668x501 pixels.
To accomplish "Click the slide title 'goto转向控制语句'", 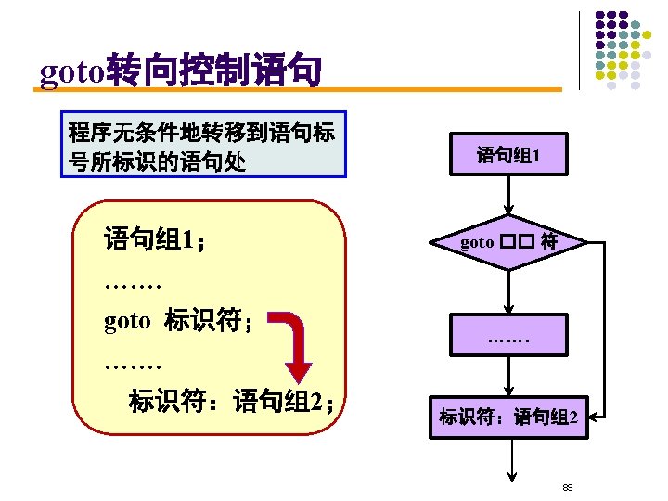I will pos(181,71).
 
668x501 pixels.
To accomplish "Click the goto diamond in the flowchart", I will pos(508,243).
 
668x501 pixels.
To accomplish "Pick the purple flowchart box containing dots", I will pos(508,334).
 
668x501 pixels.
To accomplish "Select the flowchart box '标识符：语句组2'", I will pos(508,417).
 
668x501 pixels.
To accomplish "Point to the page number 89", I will pos(568,487).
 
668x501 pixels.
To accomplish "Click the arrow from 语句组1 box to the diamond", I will pos(508,197).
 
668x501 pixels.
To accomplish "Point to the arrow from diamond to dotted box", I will pos(508,291).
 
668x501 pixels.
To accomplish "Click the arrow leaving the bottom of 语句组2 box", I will pos(509,459).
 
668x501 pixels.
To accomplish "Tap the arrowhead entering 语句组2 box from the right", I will pos(597,417).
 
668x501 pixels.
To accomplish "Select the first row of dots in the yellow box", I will pos(134,281).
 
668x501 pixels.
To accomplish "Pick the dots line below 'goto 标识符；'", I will pos(134,363).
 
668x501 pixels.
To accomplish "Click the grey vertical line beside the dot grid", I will pos(579,50).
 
